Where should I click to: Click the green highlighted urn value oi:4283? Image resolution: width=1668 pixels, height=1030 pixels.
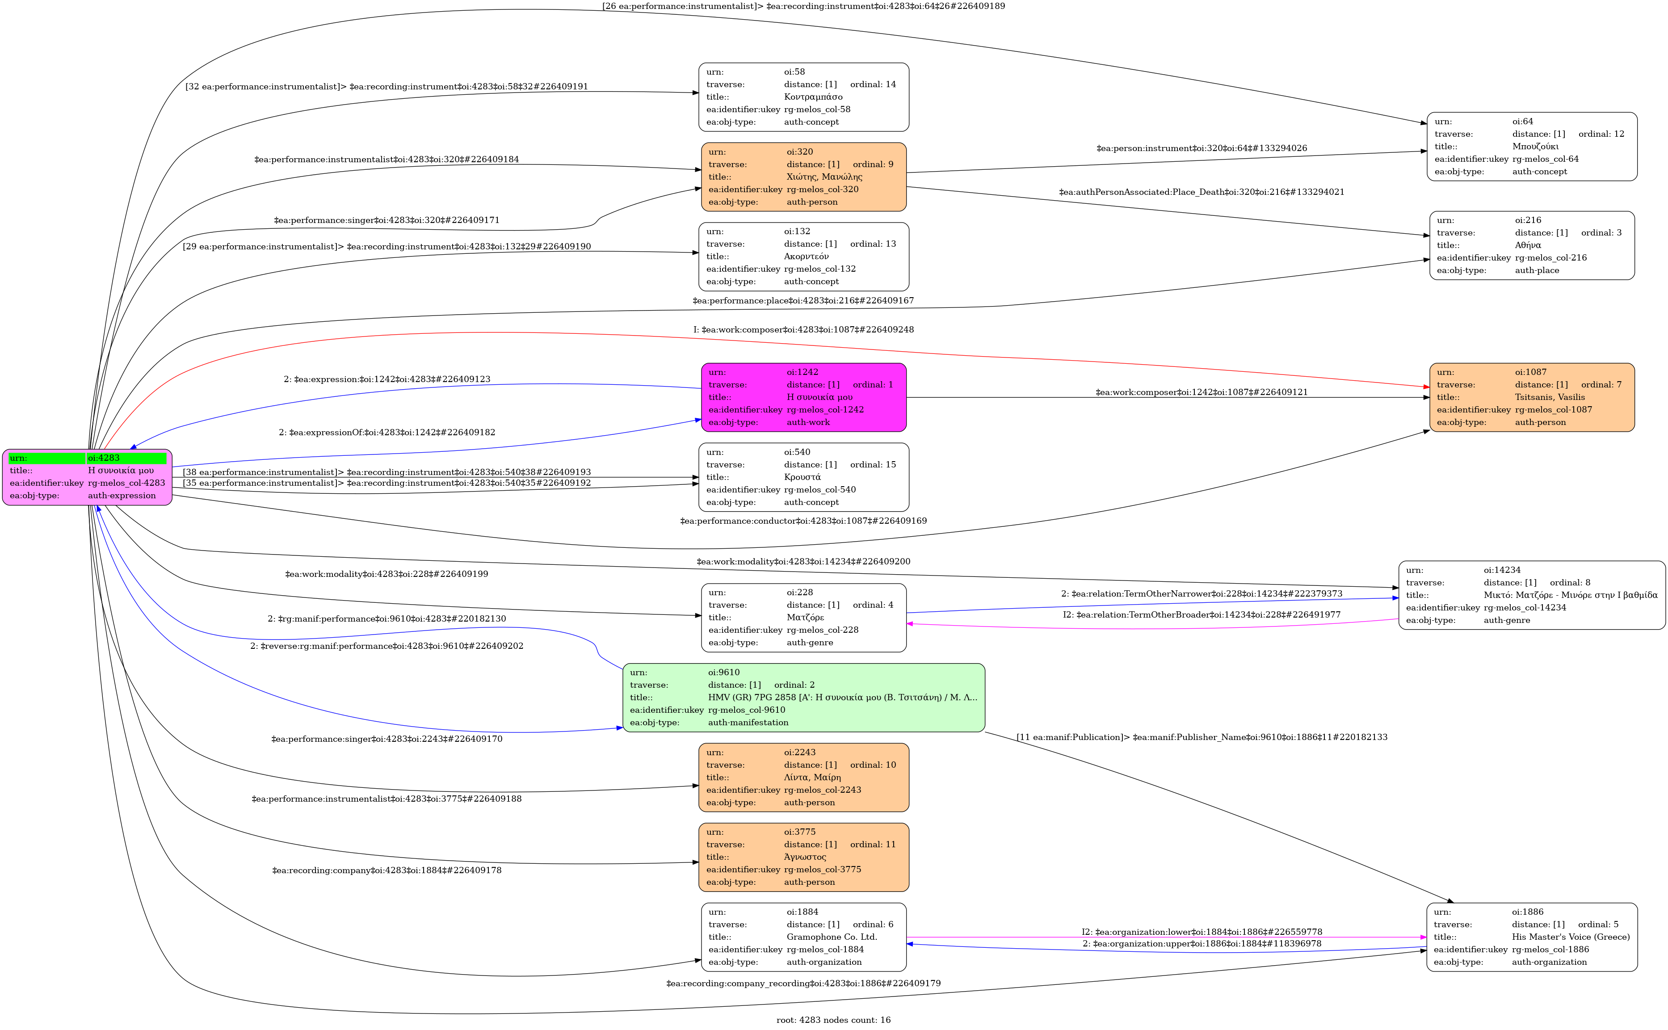104,458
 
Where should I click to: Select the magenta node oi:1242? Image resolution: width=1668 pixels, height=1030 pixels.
804,397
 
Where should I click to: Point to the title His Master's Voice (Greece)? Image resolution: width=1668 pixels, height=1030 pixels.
1571,937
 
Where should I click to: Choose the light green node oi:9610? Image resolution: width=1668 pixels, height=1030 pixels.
804,698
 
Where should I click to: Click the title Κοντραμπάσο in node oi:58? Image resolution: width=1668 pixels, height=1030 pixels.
813,97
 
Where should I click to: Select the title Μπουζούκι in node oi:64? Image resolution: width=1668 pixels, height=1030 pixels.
1535,147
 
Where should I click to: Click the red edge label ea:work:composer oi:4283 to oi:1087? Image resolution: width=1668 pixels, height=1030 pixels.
804,330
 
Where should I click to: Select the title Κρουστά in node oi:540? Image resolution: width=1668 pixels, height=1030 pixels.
802,477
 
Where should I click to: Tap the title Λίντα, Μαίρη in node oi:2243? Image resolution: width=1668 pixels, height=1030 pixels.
812,777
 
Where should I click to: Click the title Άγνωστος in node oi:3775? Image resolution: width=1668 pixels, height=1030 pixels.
805,857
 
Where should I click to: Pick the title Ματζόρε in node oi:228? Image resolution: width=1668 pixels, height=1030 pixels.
805,617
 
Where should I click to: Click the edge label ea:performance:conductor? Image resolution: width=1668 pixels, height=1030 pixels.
803,521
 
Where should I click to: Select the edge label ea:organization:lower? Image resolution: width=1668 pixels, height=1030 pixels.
1202,932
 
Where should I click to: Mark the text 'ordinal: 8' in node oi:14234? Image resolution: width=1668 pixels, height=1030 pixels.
1570,582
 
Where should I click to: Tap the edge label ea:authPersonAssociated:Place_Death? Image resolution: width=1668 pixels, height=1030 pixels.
1202,192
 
